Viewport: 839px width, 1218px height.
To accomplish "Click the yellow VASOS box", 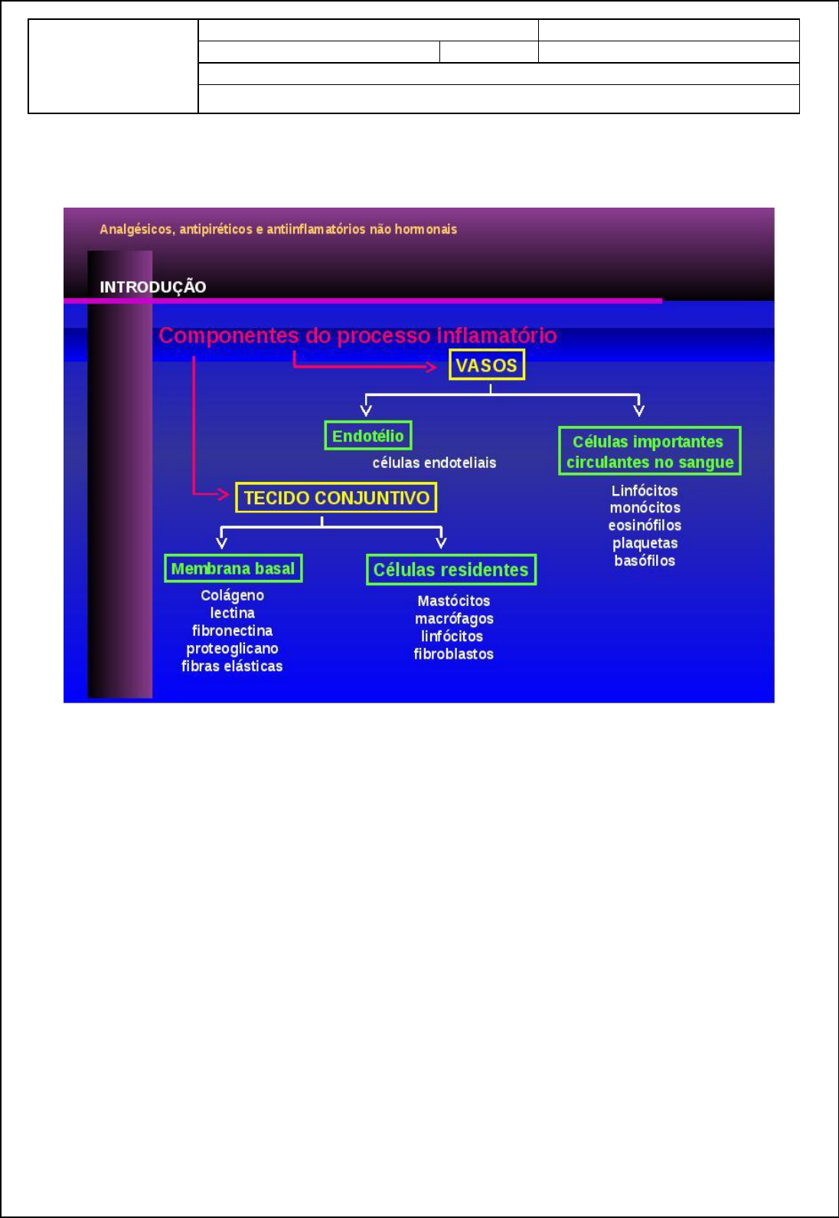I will (x=487, y=365).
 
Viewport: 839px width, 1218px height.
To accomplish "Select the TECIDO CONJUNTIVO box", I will (x=336, y=498).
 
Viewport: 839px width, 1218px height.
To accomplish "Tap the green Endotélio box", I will (x=368, y=436).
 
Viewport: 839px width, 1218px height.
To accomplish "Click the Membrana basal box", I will (x=233, y=568).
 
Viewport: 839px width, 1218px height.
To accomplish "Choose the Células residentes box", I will (x=451, y=570).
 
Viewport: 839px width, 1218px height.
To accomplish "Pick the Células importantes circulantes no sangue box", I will (x=649, y=451).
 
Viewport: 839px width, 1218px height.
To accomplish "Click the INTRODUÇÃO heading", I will (x=153, y=287).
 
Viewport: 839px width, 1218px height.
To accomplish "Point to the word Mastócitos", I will (x=453, y=601).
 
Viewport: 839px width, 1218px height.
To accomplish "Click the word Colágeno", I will (x=232, y=595).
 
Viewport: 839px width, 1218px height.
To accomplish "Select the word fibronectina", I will (x=232, y=630).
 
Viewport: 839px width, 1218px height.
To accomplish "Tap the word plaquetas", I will (x=645, y=543).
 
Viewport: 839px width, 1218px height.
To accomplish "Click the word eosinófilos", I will (x=645, y=526).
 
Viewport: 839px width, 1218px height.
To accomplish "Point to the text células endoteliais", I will (x=434, y=463).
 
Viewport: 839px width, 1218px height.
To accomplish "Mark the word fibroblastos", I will (x=453, y=654).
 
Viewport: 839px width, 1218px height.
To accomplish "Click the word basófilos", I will (x=645, y=561).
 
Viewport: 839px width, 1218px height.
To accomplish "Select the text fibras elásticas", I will (x=232, y=666).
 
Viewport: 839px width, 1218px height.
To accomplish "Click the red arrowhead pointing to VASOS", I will (x=432, y=366).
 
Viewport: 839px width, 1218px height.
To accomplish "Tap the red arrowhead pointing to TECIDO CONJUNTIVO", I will (x=223, y=494).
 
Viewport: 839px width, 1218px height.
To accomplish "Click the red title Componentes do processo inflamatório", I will (x=357, y=336).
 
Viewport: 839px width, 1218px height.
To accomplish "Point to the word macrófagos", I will (x=454, y=619).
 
